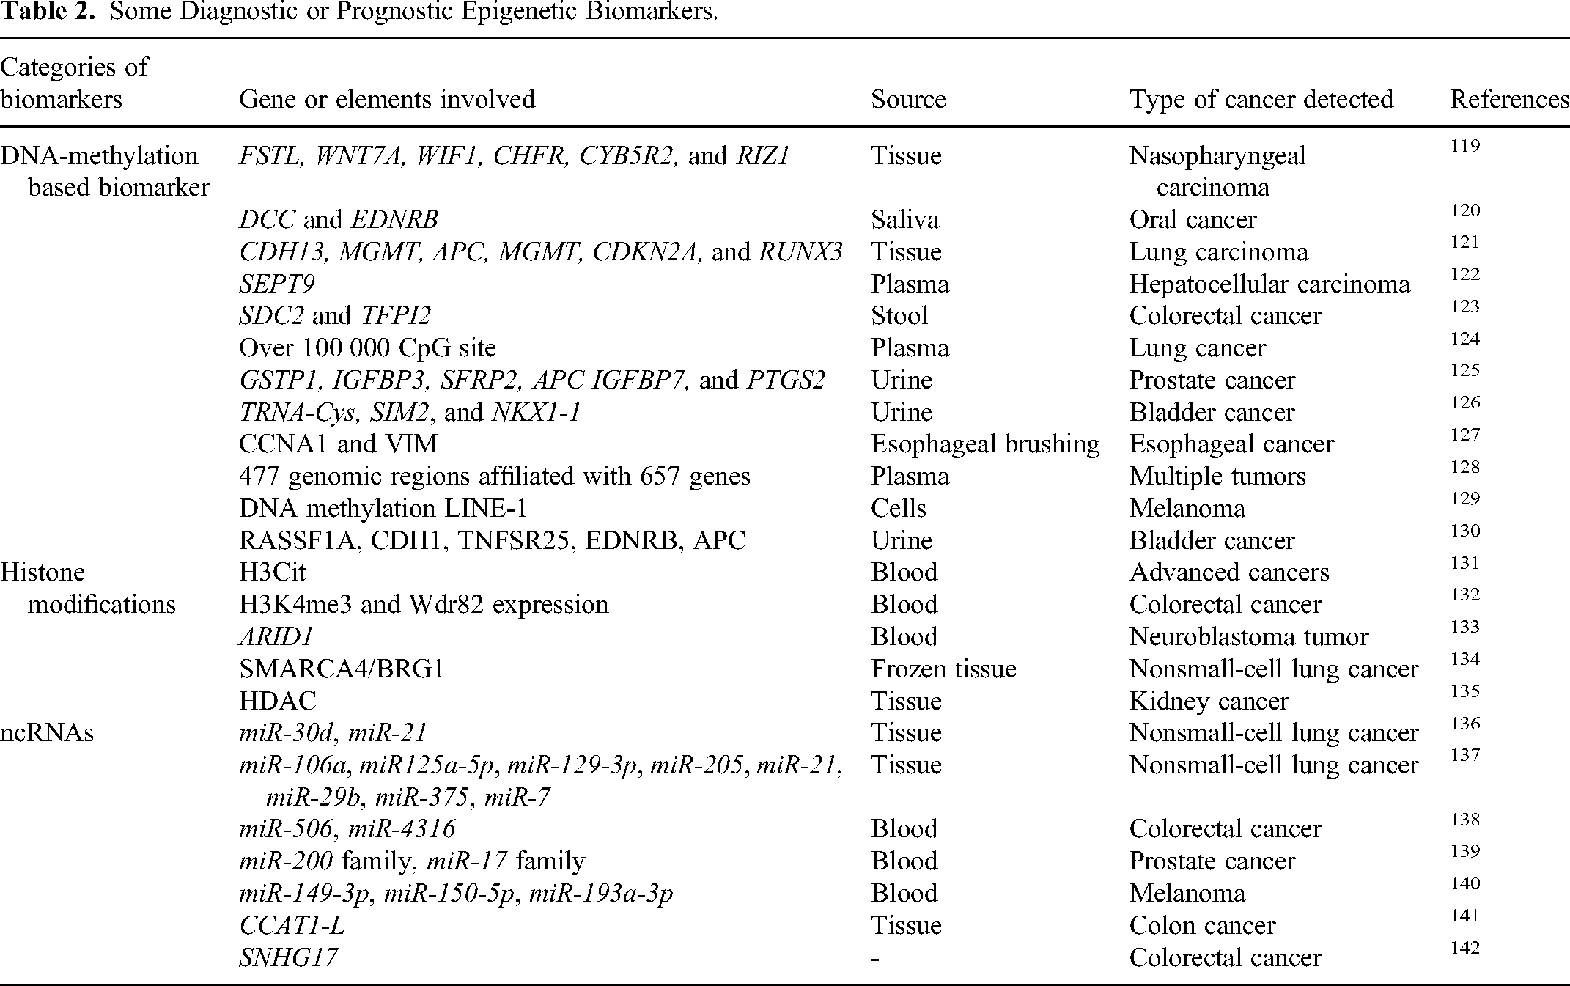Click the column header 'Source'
(908, 99)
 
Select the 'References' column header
(1509, 99)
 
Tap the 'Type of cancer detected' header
(1261, 99)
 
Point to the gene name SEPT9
(277, 284)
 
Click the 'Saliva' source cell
(904, 219)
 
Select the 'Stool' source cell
(899, 316)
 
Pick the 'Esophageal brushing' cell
(984, 444)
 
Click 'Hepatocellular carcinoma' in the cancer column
(1269, 284)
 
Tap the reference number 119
(1464, 146)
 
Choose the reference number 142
(1464, 948)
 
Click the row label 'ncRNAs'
(47, 733)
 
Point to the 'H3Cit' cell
(272, 573)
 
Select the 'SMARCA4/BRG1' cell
(342, 669)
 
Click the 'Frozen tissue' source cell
(943, 669)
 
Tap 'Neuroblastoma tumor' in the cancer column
(1248, 636)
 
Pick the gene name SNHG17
(288, 957)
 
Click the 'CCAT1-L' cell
(292, 925)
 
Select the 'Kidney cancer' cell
(1209, 701)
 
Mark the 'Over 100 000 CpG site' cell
(367, 347)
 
